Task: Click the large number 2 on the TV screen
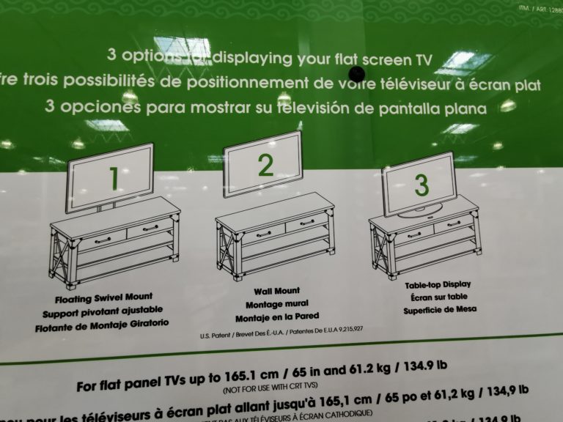click(x=265, y=166)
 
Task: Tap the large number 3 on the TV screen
click(x=421, y=185)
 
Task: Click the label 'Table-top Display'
click(x=438, y=284)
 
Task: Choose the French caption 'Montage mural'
click(x=277, y=303)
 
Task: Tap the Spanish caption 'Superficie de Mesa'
click(x=440, y=309)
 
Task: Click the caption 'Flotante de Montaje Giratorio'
click(x=102, y=323)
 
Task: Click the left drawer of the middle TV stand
click(x=263, y=234)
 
